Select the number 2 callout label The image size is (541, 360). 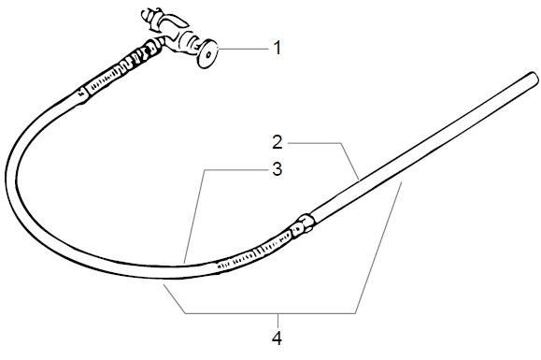click(x=278, y=143)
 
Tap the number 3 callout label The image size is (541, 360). click(x=278, y=169)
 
